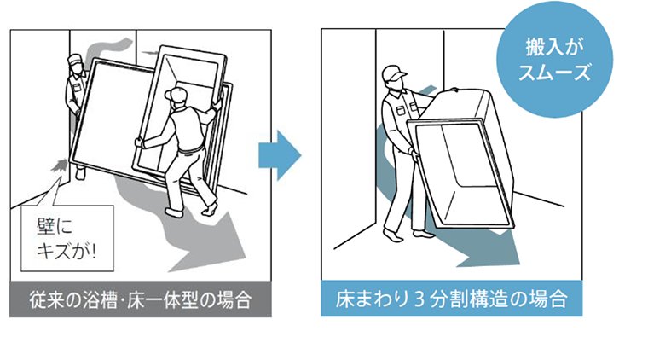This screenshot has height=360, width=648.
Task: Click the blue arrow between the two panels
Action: pos(280,155)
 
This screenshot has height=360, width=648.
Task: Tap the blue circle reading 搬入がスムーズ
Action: pos(554,60)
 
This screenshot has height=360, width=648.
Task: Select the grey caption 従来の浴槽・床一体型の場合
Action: pos(141,299)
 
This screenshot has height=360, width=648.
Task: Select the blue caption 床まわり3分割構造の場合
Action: pos(452,299)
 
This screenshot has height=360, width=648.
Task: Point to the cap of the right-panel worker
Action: pos(394,73)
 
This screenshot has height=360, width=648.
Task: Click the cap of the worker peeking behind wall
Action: pos(76,58)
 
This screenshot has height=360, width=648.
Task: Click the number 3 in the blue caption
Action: pos(419,299)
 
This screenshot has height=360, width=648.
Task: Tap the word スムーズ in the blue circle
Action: pos(554,73)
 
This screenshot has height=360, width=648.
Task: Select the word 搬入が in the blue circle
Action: pos(554,47)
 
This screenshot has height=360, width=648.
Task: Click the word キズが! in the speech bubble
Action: pos(67,250)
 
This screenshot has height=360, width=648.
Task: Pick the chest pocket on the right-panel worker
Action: pos(401,110)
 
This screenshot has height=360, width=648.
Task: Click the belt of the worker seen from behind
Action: pos(191,148)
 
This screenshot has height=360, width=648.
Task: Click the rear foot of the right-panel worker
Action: pos(392,235)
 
